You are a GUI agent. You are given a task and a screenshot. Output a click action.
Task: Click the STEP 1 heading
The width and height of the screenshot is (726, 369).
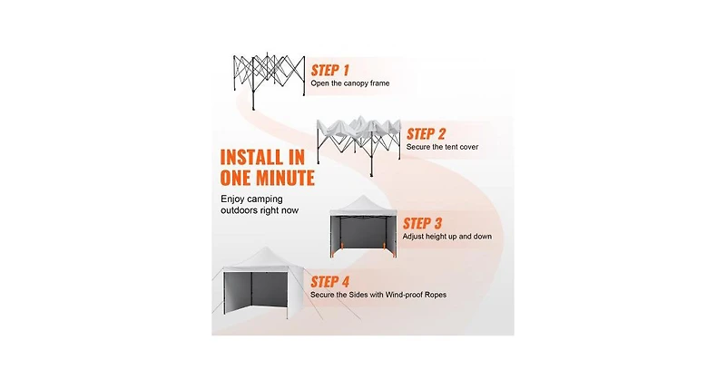click(x=329, y=71)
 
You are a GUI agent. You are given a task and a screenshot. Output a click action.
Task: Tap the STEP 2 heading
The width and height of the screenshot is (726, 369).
click(x=426, y=133)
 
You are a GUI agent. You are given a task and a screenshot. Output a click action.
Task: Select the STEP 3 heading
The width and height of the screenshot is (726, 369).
click(x=422, y=223)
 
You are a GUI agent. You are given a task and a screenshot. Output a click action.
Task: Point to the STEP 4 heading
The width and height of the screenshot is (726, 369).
click(x=329, y=282)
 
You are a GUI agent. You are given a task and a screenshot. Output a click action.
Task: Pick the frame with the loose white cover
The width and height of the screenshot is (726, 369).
click(x=358, y=146)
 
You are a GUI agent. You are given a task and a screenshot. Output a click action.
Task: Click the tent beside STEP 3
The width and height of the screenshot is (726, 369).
click(x=364, y=227)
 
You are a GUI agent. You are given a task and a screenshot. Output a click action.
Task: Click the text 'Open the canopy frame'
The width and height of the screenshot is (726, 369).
click(x=350, y=83)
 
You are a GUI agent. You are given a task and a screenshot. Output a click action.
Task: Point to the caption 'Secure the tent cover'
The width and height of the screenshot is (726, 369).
click(x=442, y=147)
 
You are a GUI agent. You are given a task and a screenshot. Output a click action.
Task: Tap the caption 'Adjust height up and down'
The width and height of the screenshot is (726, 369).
click(x=446, y=237)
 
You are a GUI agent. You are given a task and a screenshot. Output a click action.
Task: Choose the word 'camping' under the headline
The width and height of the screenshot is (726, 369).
click(x=265, y=199)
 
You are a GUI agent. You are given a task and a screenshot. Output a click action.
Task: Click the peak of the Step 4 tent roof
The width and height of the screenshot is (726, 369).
click(x=264, y=248)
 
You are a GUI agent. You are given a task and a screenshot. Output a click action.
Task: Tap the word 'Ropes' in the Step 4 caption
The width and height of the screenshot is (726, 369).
click(x=436, y=295)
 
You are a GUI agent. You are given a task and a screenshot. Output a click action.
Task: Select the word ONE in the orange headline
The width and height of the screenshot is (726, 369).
click(x=237, y=178)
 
